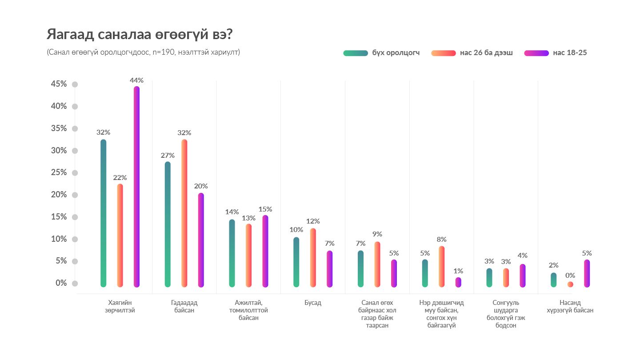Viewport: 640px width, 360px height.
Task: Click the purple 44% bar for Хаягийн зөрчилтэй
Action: pos(136,187)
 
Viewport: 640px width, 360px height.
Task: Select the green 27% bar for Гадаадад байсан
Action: pos(168,224)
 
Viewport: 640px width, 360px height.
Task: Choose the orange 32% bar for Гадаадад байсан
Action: pos(184,213)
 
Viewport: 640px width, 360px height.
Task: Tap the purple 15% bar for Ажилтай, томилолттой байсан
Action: pos(265,251)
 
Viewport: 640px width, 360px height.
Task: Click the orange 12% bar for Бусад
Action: pos(313,258)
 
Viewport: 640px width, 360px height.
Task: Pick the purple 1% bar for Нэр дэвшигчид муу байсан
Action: pos(458,282)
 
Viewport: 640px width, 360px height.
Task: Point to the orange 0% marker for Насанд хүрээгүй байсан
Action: pos(570,284)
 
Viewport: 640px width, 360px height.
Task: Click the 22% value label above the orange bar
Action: pos(120,177)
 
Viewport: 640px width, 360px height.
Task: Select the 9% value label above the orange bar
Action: pos(377,234)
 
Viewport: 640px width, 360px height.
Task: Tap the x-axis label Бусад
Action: pos(313,303)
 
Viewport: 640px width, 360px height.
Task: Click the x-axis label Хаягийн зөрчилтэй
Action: pos(121,307)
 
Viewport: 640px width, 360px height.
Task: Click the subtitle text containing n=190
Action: pos(143,52)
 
